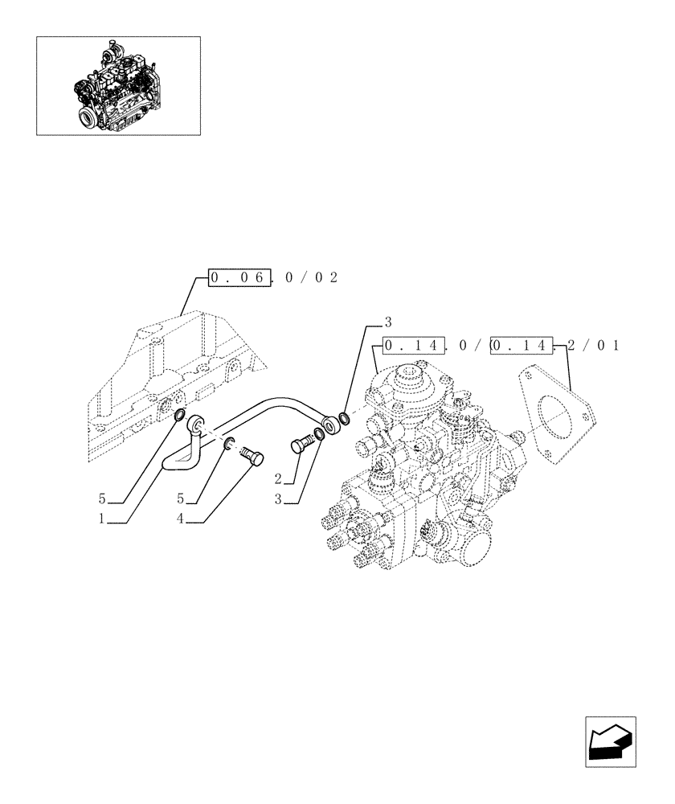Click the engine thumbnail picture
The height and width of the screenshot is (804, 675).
(x=118, y=84)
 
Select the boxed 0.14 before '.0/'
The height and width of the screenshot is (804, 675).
(x=413, y=347)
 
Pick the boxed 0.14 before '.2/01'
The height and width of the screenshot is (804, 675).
(x=522, y=347)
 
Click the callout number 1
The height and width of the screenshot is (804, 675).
(x=102, y=519)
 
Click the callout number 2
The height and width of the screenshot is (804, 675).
(x=277, y=479)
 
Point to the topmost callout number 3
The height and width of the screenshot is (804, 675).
(x=387, y=322)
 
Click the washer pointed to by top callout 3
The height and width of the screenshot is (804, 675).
(x=345, y=418)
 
